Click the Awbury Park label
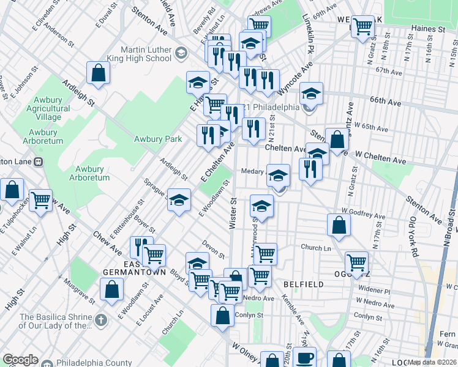tap(158, 139)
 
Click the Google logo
tap(20, 360)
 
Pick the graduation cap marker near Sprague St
tap(179, 201)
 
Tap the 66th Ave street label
tap(385, 100)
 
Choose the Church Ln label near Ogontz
tap(315, 248)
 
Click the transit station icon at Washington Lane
tap(38, 162)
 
